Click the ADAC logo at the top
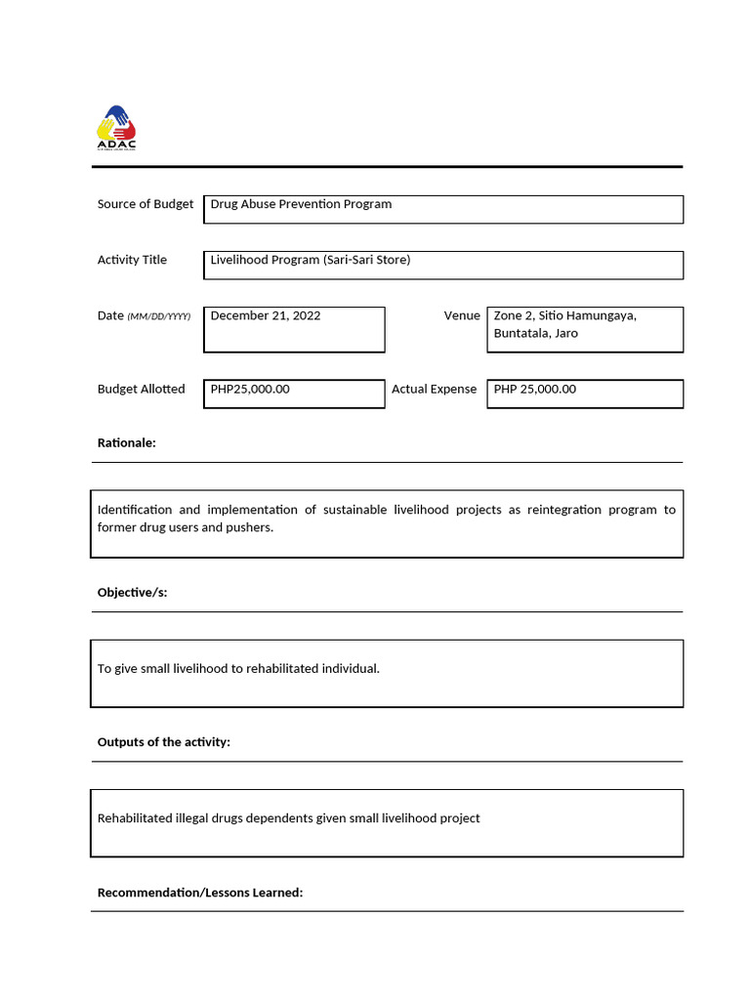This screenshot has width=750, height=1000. (116, 128)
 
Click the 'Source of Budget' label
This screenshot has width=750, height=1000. (145, 204)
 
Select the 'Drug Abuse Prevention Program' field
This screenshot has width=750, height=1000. (301, 204)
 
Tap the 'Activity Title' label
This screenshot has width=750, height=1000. (132, 260)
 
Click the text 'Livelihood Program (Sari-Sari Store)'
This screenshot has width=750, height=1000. (310, 260)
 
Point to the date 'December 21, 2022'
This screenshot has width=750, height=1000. (266, 315)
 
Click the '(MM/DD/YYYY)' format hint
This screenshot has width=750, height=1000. (159, 316)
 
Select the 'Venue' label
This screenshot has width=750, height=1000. (462, 315)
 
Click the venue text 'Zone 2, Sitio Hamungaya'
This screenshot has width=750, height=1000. (564, 315)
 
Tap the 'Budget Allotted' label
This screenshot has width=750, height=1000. (141, 389)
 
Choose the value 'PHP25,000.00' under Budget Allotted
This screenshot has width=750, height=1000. (250, 389)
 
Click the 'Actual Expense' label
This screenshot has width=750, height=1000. (434, 389)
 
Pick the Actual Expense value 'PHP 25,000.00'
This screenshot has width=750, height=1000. (534, 389)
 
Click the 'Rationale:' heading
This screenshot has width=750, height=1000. (126, 443)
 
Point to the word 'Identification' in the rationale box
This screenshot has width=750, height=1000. (135, 510)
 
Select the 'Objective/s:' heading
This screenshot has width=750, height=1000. (132, 593)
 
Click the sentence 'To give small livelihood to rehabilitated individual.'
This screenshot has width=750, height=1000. (238, 669)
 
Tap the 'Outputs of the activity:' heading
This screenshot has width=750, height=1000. (163, 742)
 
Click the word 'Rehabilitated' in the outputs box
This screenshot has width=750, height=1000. (135, 818)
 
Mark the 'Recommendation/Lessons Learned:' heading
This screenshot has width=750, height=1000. (200, 893)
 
